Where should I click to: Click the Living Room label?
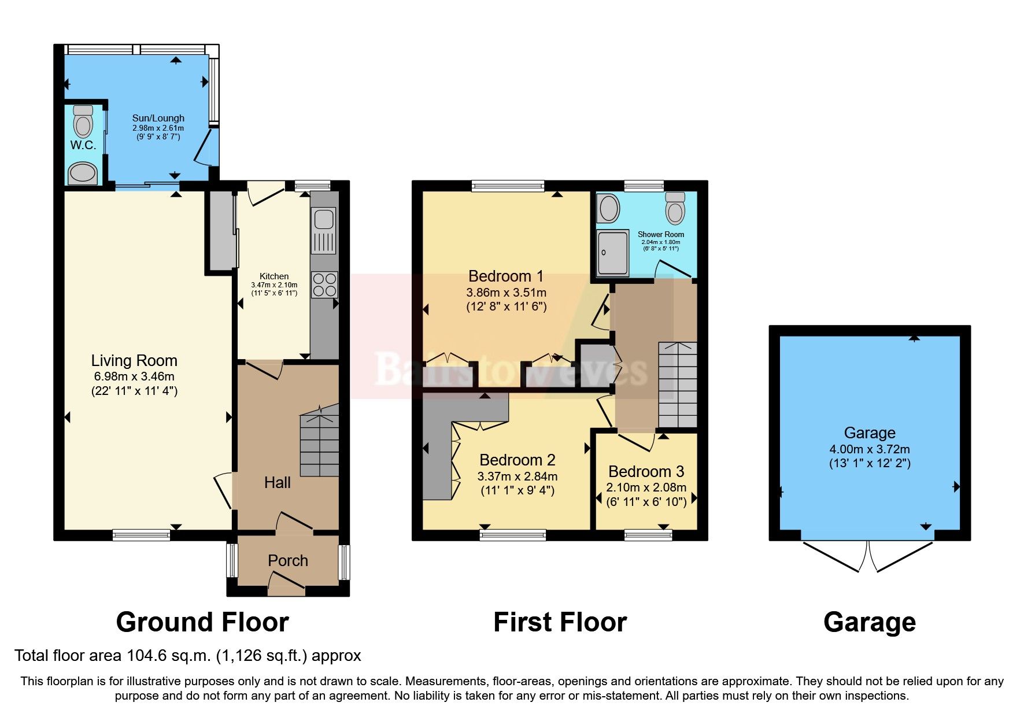[x=134, y=361]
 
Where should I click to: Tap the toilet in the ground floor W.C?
[x=83, y=122]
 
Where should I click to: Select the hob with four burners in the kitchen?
[x=324, y=285]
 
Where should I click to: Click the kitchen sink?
[x=323, y=220]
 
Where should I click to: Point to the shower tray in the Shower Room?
[x=612, y=253]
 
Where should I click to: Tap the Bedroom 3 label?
[x=646, y=472]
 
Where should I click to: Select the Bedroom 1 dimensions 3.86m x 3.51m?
[x=506, y=293]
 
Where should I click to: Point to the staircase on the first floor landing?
[x=678, y=385]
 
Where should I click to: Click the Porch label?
[x=287, y=561]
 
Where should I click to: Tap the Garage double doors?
[x=868, y=555]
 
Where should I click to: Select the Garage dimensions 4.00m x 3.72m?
[x=869, y=449]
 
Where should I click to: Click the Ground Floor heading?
[x=202, y=623]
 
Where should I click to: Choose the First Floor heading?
[x=560, y=623]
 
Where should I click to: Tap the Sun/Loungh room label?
[x=158, y=118]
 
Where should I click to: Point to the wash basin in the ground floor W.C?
[x=82, y=172]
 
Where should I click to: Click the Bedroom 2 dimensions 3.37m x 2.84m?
[x=517, y=477]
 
